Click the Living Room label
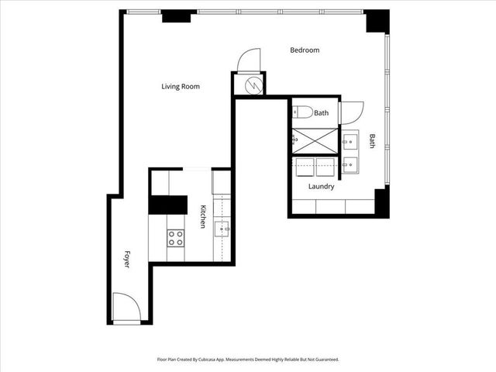tap(180, 87)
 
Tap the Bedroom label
tap(305, 50)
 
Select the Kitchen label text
tap(203, 216)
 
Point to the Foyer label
tap(127, 259)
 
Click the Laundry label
tap(321, 187)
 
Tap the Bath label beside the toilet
tap(321, 113)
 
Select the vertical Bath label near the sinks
tap(372, 141)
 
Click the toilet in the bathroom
tap(302, 112)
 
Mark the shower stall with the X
tap(315, 140)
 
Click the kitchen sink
tap(222, 227)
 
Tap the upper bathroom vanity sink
tap(350, 141)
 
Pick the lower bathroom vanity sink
tap(350, 164)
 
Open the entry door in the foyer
tap(126, 308)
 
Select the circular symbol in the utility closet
tap(253, 85)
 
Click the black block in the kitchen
tap(168, 204)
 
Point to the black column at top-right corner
tap(377, 21)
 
